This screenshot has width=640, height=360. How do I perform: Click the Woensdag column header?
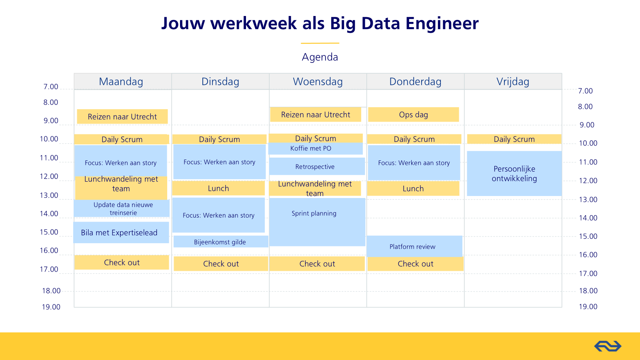[x=318, y=82]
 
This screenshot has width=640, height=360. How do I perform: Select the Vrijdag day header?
[x=513, y=82]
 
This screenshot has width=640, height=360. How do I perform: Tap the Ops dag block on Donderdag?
[x=414, y=114]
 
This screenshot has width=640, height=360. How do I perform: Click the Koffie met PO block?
[x=316, y=148]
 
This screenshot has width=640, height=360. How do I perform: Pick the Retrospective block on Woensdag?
[x=317, y=166]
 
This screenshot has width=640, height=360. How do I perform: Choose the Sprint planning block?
[x=317, y=222]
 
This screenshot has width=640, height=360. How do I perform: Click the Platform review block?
[x=414, y=246]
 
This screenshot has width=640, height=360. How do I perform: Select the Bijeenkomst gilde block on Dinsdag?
[x=221, y=242]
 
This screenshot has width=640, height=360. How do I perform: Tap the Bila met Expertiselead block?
[x=121, y=232]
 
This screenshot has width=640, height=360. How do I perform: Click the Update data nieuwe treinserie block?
[x=122, y=208]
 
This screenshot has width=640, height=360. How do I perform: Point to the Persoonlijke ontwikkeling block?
[x=514, y=174]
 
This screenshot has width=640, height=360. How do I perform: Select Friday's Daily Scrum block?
[x=514, y=139]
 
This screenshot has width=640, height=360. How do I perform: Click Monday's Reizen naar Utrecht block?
[x=122, y=116]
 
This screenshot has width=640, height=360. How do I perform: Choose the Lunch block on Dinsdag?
[x=218, y=188]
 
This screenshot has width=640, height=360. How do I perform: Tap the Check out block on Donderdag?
[x=416, y=264]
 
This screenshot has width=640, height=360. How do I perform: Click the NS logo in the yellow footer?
[x=608, y=346]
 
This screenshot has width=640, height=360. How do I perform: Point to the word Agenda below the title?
[x=320, y=57]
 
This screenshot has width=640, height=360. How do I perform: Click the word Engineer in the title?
[x=442, y=24]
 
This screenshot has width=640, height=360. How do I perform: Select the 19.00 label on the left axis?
[x=51, y=307]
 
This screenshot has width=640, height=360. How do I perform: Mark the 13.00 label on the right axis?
[x=588, y=200]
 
